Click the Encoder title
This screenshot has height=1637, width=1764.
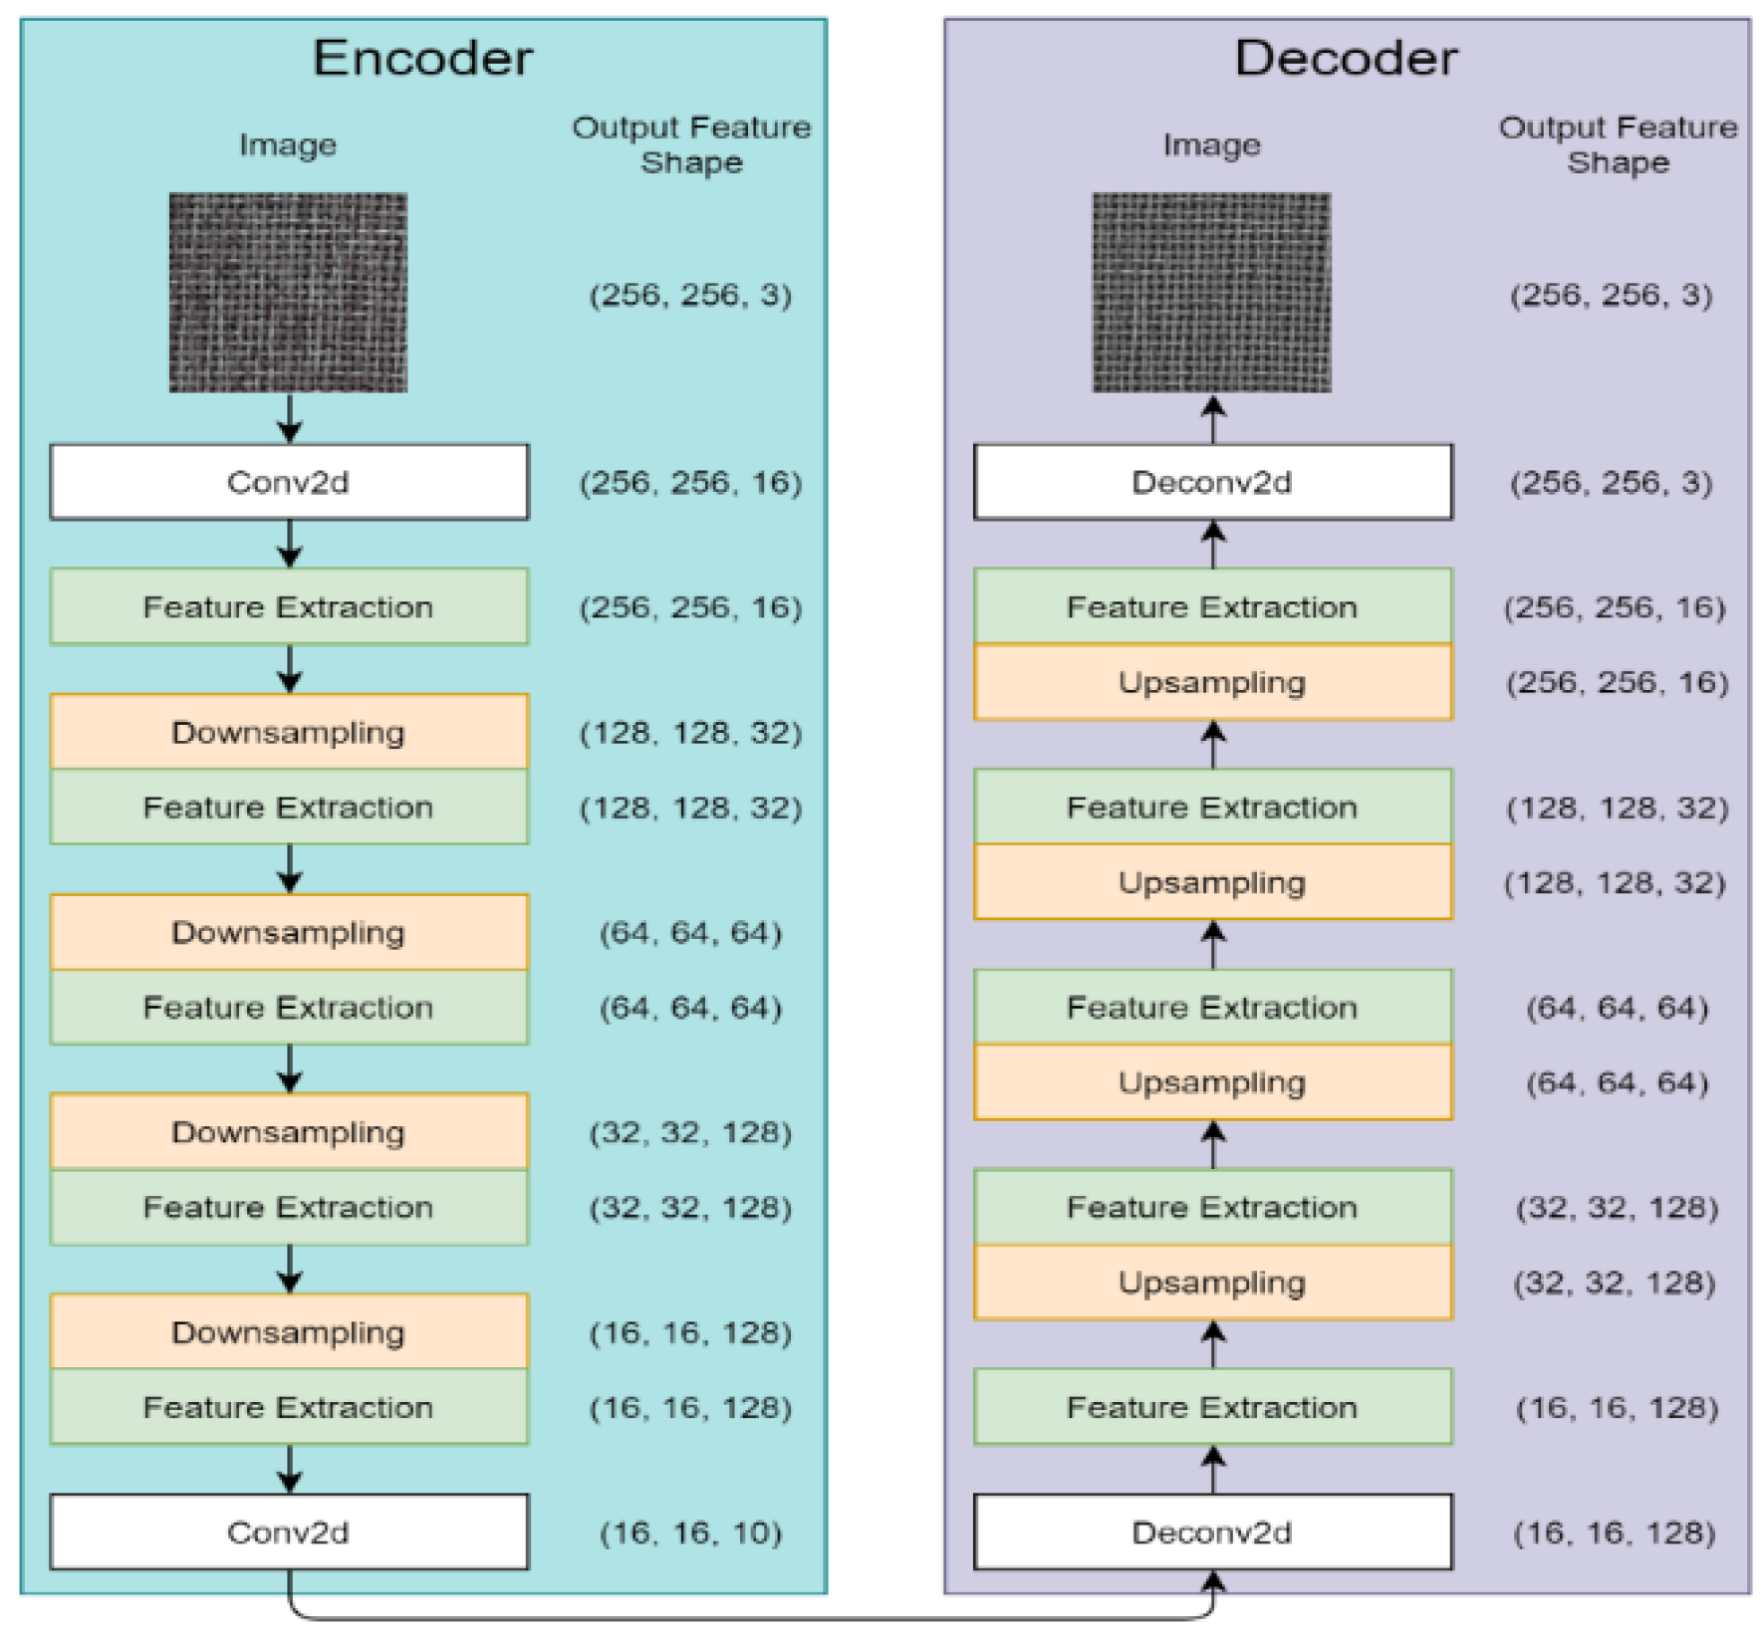[x=422, y=58]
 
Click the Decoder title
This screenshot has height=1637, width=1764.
[x=1346, y=58]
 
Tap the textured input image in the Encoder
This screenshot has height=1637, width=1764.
[x=288, y=292]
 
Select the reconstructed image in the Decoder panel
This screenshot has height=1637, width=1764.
[x=1211, y=292]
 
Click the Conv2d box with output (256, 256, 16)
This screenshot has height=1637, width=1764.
[x=289, y=482]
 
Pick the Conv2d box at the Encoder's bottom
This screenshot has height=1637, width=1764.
[x=289, y=1531]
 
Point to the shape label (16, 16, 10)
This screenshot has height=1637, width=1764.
[x=690, y=1532]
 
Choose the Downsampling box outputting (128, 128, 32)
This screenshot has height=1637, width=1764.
[x=289, y=732]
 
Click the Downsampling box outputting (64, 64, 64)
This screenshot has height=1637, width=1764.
[x=289, y=932]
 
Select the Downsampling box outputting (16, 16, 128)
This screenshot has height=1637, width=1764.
[x=289, y=1331]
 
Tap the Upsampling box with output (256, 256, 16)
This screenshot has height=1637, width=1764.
[x=1212, y=682]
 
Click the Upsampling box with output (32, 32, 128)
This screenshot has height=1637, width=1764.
[x=1212, y=1282]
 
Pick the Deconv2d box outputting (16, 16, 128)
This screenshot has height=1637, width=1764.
[x=1212, y=1531]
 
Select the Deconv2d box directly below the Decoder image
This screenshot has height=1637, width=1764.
[x=1212, y=482]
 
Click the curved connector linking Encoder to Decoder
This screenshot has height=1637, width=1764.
[x=747, y=1617]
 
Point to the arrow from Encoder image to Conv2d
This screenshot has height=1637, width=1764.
[x=290, y=418]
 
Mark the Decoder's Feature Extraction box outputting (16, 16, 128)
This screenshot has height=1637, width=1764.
[x=1212, y=1406]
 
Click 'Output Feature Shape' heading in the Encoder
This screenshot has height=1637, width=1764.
[x=691, y=144]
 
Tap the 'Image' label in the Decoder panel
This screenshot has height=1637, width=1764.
[x=1211, y=145]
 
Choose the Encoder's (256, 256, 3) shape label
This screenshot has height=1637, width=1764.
[x=690, y=295]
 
